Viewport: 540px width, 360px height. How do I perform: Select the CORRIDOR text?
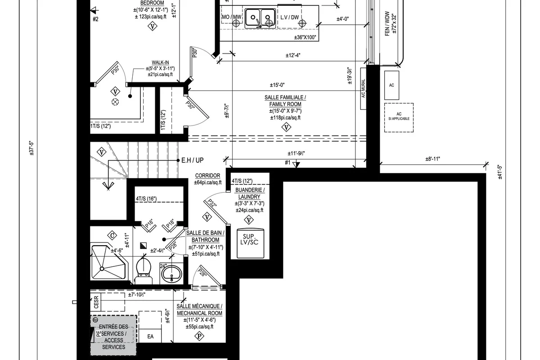click(x=207, y=175)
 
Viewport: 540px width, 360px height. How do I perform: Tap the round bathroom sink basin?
click(x=171, y=273)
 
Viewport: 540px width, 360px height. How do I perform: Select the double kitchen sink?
click(x=261, y=17)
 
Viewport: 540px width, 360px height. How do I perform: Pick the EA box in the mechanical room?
click(x=150, y=336)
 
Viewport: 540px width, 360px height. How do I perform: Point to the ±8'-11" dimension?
click(x=432, y=159)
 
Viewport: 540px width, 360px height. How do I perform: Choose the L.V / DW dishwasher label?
click(x=289, y=17)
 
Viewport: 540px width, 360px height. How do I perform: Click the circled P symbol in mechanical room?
click(x=198, y=336)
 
